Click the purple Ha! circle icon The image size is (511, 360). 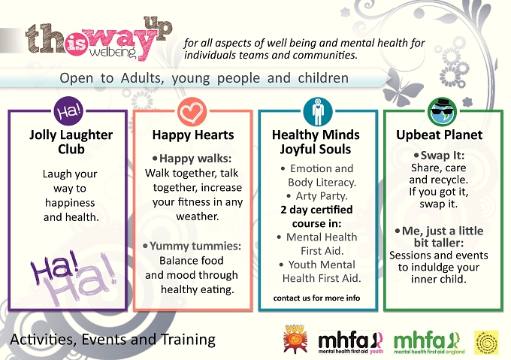(68, 111)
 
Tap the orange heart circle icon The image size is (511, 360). (192, 111)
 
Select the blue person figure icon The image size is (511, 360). (317, 111)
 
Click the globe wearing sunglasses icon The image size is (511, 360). (442, 111)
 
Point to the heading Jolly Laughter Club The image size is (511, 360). (71, 142)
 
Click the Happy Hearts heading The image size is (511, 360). (193, 135)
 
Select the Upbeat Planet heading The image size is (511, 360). (439, 135)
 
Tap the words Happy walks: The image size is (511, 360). (195, 159)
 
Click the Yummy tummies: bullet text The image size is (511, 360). (195, 246)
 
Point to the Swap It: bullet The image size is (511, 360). (442, 156)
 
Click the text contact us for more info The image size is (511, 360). (316, 298)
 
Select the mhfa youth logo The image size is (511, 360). (351, 342)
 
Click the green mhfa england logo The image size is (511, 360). (429, 342)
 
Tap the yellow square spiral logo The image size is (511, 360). (486, 343)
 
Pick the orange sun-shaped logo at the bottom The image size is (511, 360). (295, 339)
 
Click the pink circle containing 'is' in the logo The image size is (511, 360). (77, 45)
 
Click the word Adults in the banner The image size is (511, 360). (142, 78)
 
